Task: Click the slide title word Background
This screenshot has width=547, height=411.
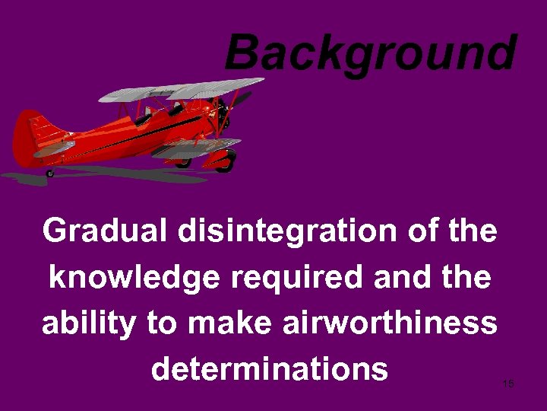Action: (x=370, y=53)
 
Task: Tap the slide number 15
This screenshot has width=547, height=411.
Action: (x=508, y=384)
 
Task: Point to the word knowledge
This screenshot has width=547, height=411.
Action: (x=138, y=277)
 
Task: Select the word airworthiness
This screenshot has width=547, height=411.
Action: (x=390, y=323)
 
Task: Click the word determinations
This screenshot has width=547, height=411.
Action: (x=270, y=369)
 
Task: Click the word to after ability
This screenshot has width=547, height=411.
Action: (x=161, y=323)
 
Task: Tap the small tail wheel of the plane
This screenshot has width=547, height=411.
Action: (x=50, y=174)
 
